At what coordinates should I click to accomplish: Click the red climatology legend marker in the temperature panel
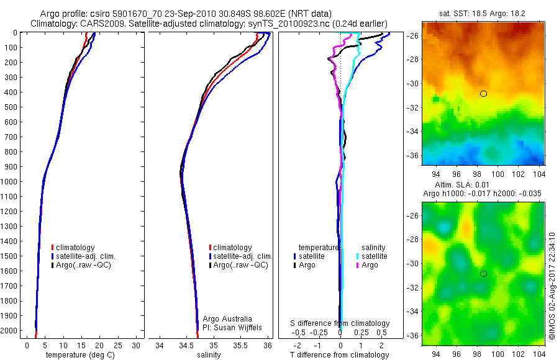53,248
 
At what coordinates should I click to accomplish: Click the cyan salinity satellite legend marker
359,256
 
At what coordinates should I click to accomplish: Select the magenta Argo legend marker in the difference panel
359,265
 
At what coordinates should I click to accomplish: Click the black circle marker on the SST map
483,94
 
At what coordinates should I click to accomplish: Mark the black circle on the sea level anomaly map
483,274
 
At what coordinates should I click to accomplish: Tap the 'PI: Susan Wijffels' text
230,327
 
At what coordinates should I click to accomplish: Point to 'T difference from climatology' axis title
340,355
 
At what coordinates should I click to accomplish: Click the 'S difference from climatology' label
340,323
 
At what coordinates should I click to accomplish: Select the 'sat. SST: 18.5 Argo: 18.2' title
481,13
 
